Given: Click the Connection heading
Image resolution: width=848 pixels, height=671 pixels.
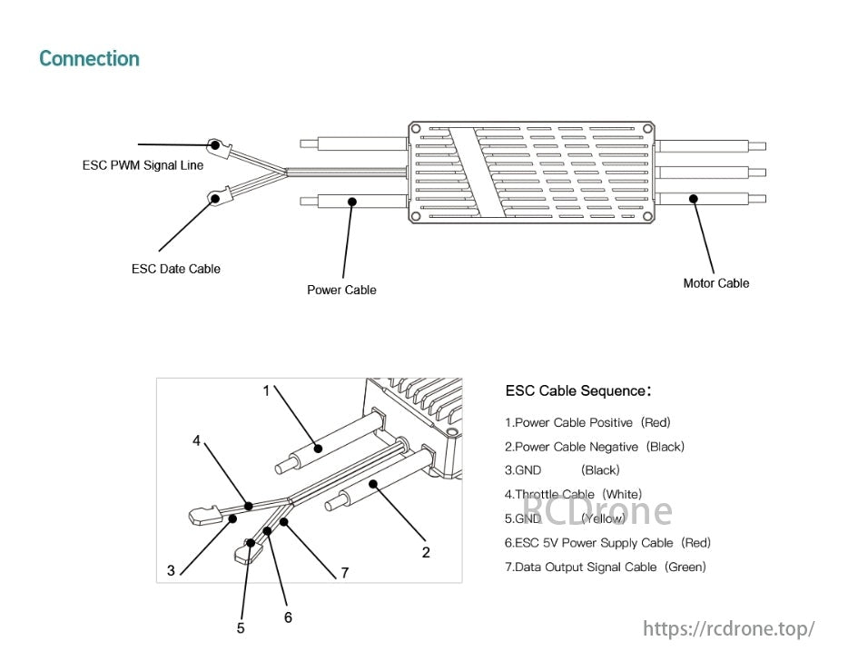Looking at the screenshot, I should [x=89, y=59].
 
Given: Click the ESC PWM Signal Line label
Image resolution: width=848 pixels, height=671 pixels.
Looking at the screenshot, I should [x=143, y=165].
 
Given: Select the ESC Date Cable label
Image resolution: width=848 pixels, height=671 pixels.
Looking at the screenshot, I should [x=175, y=269].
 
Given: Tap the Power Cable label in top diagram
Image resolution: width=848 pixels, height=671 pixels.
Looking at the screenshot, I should [x=341, y=290].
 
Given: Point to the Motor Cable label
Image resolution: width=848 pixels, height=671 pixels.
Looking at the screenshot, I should [x=715, y=283].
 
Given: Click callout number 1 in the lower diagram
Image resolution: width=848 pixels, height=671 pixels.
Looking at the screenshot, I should [x=266, y=390].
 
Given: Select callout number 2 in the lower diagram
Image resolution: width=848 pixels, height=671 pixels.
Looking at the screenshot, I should [x=426, y=552].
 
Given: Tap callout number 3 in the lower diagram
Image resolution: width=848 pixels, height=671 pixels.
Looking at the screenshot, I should [x=171, y=571].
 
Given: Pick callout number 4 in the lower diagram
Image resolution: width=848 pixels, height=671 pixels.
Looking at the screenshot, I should [x=196, y=440].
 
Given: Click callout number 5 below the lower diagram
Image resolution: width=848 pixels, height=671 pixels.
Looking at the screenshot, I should [x=241, y=628].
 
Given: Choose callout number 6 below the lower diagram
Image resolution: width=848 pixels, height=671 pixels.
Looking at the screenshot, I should [x=288, y=617].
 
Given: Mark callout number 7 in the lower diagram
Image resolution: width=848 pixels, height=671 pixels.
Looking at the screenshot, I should [x=345, y=573].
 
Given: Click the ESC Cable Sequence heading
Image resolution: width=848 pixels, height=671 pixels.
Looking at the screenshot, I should [x=577, y=391].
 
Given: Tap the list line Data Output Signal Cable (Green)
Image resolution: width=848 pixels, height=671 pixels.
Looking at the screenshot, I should [x=605, y=567].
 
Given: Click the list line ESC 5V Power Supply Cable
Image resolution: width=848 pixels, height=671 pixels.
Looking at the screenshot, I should [x=607, y=543].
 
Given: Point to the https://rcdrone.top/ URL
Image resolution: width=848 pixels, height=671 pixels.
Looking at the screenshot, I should [x=729, y=628].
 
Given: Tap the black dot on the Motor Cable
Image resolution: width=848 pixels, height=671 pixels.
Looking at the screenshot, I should [x=692, y=198].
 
